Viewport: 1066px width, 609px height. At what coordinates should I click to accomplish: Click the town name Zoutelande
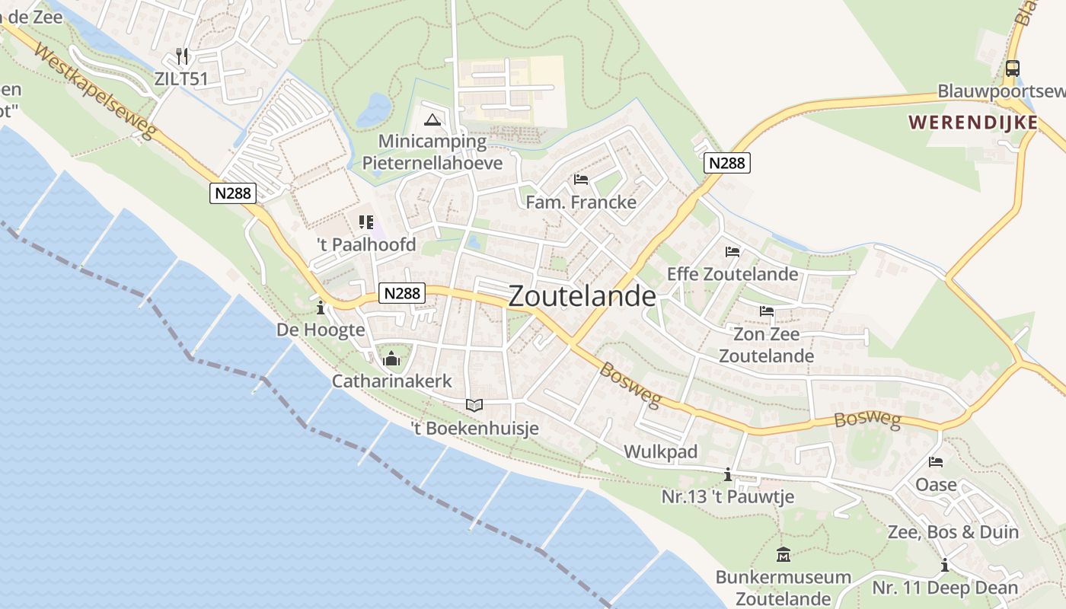click(582, 296)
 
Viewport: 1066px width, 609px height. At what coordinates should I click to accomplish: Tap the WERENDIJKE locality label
click(972, 123)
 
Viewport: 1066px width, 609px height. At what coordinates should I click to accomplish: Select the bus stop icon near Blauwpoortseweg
click(1012, 68)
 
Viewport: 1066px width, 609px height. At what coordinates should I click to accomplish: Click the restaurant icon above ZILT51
click(181, 56)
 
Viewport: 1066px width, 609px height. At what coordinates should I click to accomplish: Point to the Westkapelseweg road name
click(96, 94)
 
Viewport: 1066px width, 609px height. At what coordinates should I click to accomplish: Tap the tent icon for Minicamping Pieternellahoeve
click(432, 119)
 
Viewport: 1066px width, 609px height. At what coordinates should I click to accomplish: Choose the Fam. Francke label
click(581, 202)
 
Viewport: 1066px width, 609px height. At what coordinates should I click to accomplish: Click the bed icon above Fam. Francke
click(581, 180)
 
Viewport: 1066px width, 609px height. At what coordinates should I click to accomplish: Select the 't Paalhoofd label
click(367, 244)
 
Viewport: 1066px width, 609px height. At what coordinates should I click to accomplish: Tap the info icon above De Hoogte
click(321, 308)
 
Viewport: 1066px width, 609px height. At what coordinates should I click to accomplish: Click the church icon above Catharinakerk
click(391, 358)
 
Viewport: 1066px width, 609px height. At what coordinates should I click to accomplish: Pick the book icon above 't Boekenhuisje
click(474, 405)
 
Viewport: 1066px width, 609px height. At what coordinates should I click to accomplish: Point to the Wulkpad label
click(660, 451)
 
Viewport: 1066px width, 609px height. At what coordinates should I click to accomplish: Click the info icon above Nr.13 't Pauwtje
click(728, 475)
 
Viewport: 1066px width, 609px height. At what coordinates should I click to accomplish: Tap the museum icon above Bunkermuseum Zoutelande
click(783, 554)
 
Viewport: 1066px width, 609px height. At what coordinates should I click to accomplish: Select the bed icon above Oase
click(936, 462)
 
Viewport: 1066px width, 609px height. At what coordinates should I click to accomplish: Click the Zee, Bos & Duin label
click(953, 532)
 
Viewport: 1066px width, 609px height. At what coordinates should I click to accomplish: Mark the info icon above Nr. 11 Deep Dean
click(945, 565)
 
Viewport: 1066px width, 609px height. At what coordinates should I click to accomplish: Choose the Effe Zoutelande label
click(732, 274)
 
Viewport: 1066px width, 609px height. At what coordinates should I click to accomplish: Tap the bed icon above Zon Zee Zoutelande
click(766, 311)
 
